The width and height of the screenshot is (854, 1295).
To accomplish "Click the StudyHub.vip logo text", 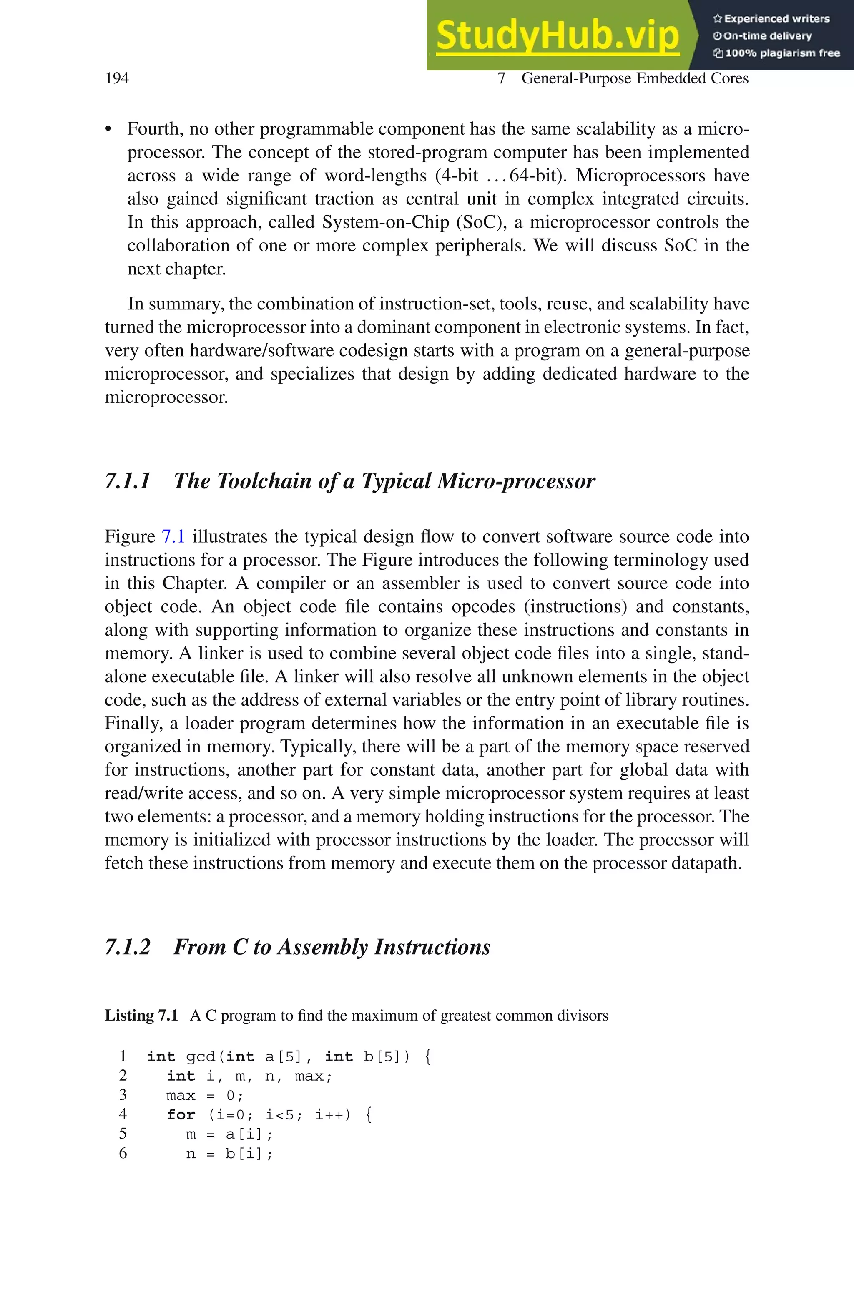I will [557, 36].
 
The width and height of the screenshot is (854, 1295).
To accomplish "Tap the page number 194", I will [117, 78].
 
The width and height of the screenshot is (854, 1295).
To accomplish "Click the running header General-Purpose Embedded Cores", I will [635, 78].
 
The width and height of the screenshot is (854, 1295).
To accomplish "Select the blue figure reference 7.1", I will [173, 536].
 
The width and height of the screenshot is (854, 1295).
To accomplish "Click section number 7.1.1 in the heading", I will [128, 481].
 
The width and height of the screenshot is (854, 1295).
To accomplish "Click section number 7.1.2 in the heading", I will [128, 947].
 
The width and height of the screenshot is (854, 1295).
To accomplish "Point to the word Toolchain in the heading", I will [264, 481].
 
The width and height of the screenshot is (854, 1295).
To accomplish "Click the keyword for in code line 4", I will [181, 1115].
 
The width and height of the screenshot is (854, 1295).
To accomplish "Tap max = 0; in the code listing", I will [205, 1095].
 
